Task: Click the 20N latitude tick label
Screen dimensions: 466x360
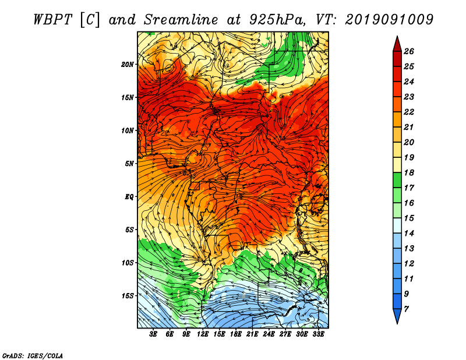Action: tap(127, 65)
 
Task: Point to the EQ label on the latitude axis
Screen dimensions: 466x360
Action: tap(129, 197)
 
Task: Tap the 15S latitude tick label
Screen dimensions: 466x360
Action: tap(128, 296)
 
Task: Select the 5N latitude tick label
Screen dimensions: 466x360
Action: tap(129, 164)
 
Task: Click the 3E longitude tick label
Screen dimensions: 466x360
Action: tap(153, 334)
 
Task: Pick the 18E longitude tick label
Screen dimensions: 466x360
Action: tap(236, 334)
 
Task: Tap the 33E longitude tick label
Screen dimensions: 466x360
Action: tap(318, 334)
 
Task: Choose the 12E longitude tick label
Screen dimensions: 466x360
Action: tap(203, 334)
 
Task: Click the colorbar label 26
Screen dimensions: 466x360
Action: tap(409, 51)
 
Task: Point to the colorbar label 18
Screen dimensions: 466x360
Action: tap(409, 172)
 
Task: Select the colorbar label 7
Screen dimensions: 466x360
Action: tap(406, 309)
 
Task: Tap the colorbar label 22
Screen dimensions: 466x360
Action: tap(409, 112)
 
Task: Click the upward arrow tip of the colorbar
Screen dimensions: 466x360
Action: tap(397, 36)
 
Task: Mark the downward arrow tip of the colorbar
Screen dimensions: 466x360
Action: tap(397, 323)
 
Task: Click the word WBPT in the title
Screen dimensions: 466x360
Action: tap(53, 20)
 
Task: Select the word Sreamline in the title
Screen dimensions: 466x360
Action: tap(181, 20)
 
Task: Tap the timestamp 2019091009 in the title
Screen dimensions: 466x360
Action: tap(389, 20)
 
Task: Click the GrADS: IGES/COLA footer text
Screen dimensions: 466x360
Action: tap(33, 356)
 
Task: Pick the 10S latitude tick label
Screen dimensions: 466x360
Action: tap(128, 263)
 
